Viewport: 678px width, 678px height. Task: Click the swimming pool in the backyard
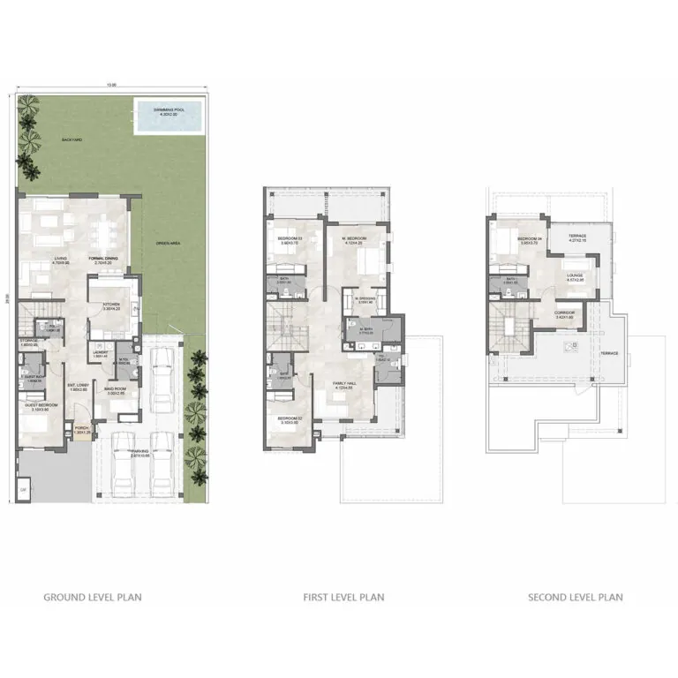tap(168, 117)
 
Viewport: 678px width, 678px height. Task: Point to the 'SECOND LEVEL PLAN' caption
tap(575, 598)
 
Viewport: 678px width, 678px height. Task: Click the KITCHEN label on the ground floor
tap(111, 305)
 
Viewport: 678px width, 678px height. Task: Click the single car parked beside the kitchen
tap(162, 379)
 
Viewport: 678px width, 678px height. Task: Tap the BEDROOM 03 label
tap(289, 239)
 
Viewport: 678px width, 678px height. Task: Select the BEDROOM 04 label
tap(528, 239)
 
